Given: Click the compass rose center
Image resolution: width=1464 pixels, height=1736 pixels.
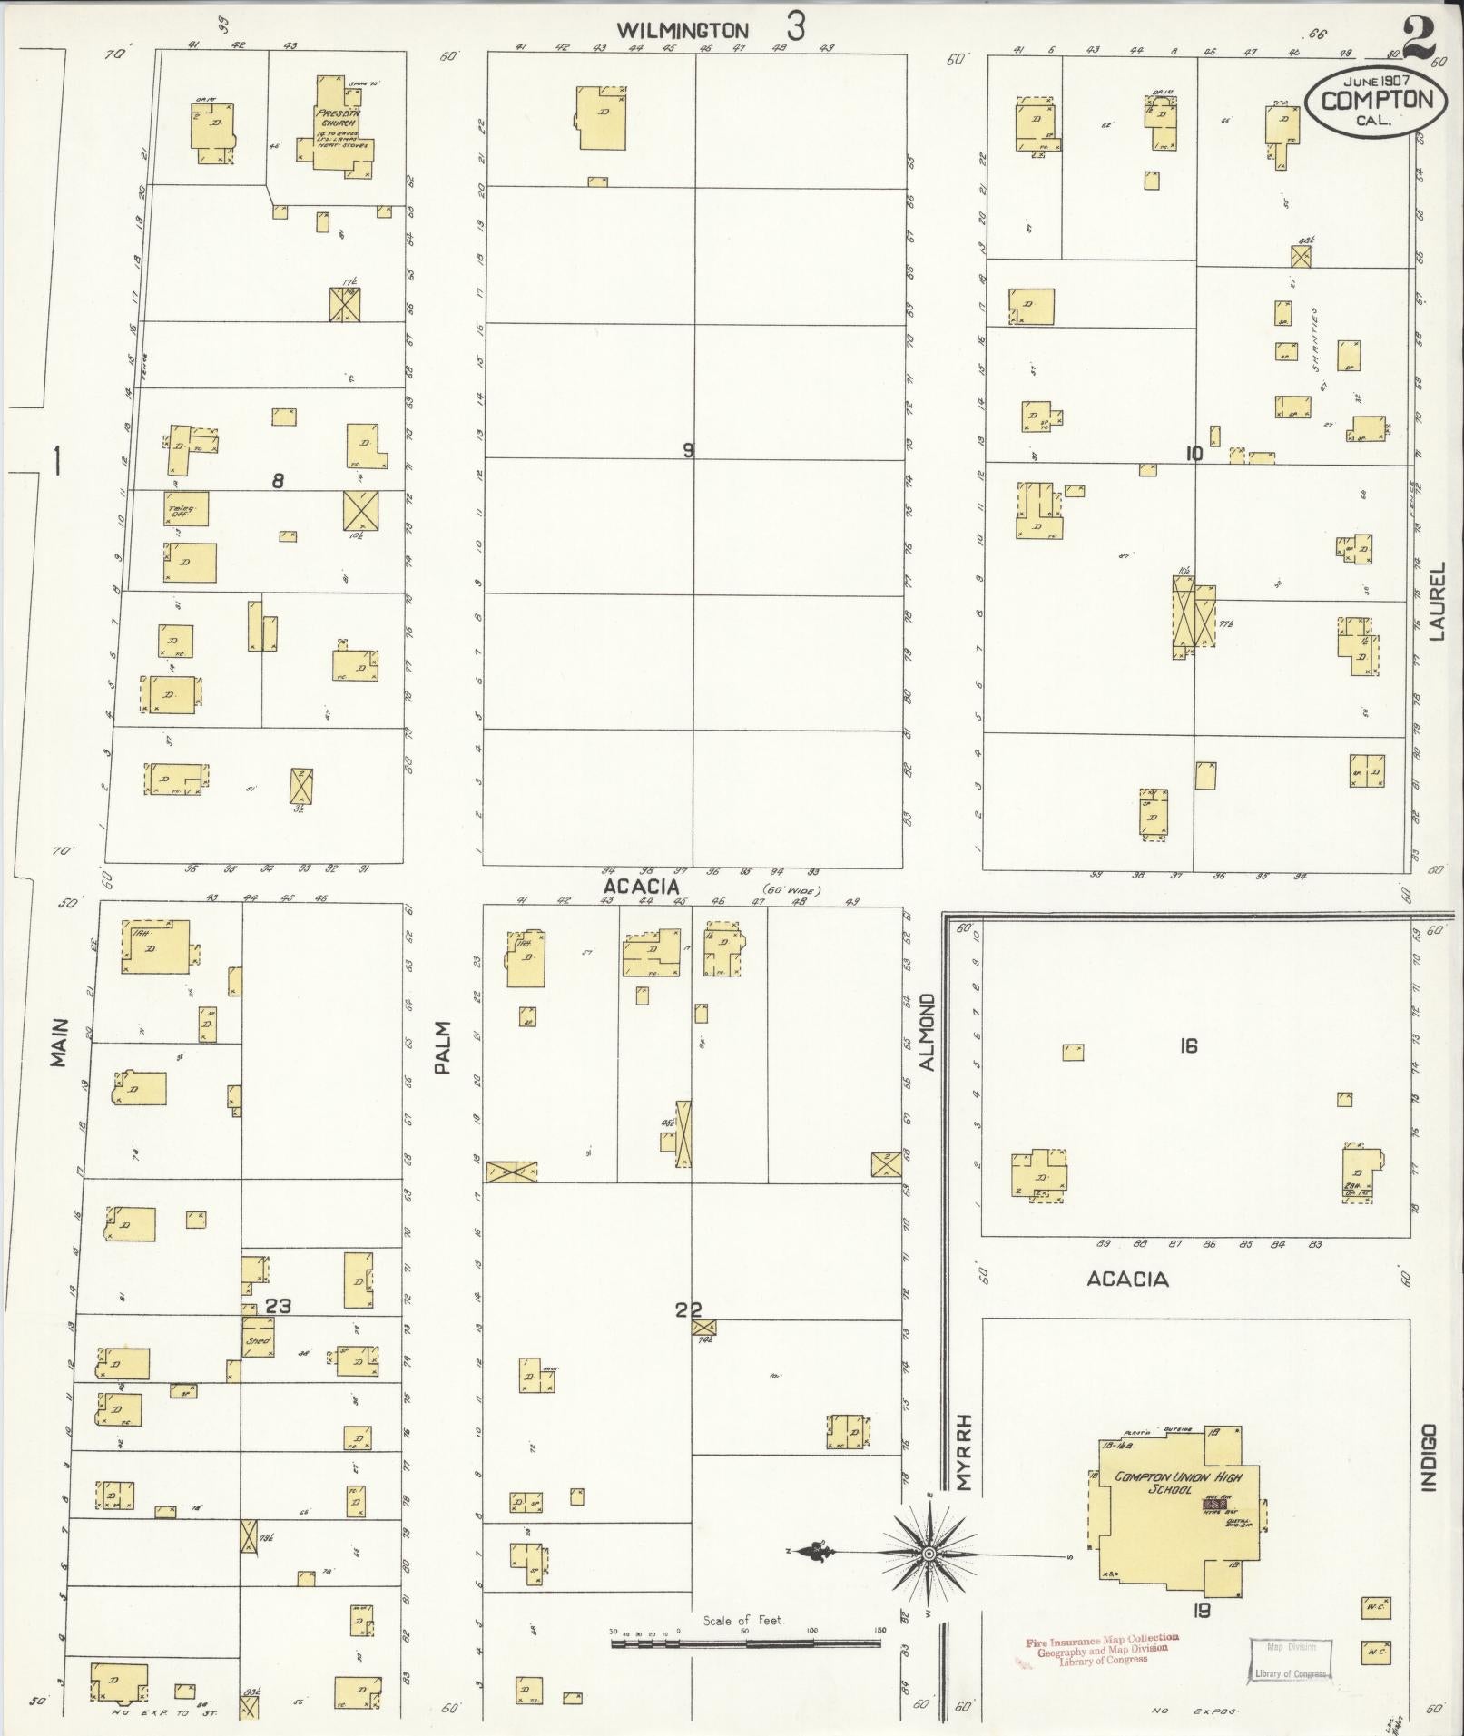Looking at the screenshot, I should [929, 1555].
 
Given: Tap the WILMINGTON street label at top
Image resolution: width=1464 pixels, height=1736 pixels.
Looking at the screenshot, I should [683, 31].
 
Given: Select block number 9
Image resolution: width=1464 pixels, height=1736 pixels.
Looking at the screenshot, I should [688, 449].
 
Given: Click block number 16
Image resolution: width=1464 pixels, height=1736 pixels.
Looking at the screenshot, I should [1188, 1046].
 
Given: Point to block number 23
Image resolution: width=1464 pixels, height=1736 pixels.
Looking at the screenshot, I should [279, 1307].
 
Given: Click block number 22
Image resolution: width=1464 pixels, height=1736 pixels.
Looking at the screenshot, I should [688, 1309].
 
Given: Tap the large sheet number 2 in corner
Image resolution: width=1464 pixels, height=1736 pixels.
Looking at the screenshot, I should [1420, 34].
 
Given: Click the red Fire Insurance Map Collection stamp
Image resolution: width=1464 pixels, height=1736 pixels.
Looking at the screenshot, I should [1101, 1648].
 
